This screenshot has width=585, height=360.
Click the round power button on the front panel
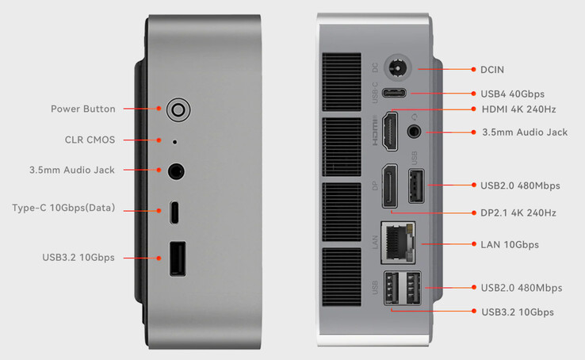pyautogui.click(x=178, y=109)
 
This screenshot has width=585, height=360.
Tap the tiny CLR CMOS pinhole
pyautogui.click(x=174, y=142)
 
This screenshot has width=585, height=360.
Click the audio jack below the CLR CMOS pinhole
pyautogui.click(x=176, y=171)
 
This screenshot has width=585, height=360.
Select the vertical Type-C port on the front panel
pyautogui.click(x=174, y=213)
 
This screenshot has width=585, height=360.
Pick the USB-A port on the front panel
pyautogui.click(x=178, y=259)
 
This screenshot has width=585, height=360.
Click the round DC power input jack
pyautogui.click(x=397, y=69)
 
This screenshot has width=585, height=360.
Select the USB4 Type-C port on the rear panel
pyautogui.click(x=394, y=93)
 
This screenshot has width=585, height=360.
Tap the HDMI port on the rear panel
pyautogui.click(x=390, y=132)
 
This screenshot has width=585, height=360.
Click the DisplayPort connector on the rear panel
pyautogui.click(x=389, y=186)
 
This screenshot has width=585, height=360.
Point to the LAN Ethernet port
pyautogui.click(x=398, y=242)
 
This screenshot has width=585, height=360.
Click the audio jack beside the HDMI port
pyautogui.click(x=413, y=132)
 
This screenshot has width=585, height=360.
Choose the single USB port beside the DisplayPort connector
pyautogui.click(x=416, y=186)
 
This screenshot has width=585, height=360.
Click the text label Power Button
pyautogui.click(x=82, y=109)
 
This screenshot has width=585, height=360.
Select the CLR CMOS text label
pyautogui.click(x=90, y=140)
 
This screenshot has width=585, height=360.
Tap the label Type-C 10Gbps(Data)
pyautogui.click(x=63, y=208)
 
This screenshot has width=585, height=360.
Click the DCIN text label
pyautogui.click(x=491, y=70)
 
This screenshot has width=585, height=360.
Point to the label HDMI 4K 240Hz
pyautogui.click(x=518, y=109)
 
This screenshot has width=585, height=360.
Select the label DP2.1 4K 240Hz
pyautogui.click(x=518, y=213)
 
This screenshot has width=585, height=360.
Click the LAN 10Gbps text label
pyautogui.click(x=510, y=245)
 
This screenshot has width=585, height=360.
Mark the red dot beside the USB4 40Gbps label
pyautogui.click(x=473, y=94)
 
